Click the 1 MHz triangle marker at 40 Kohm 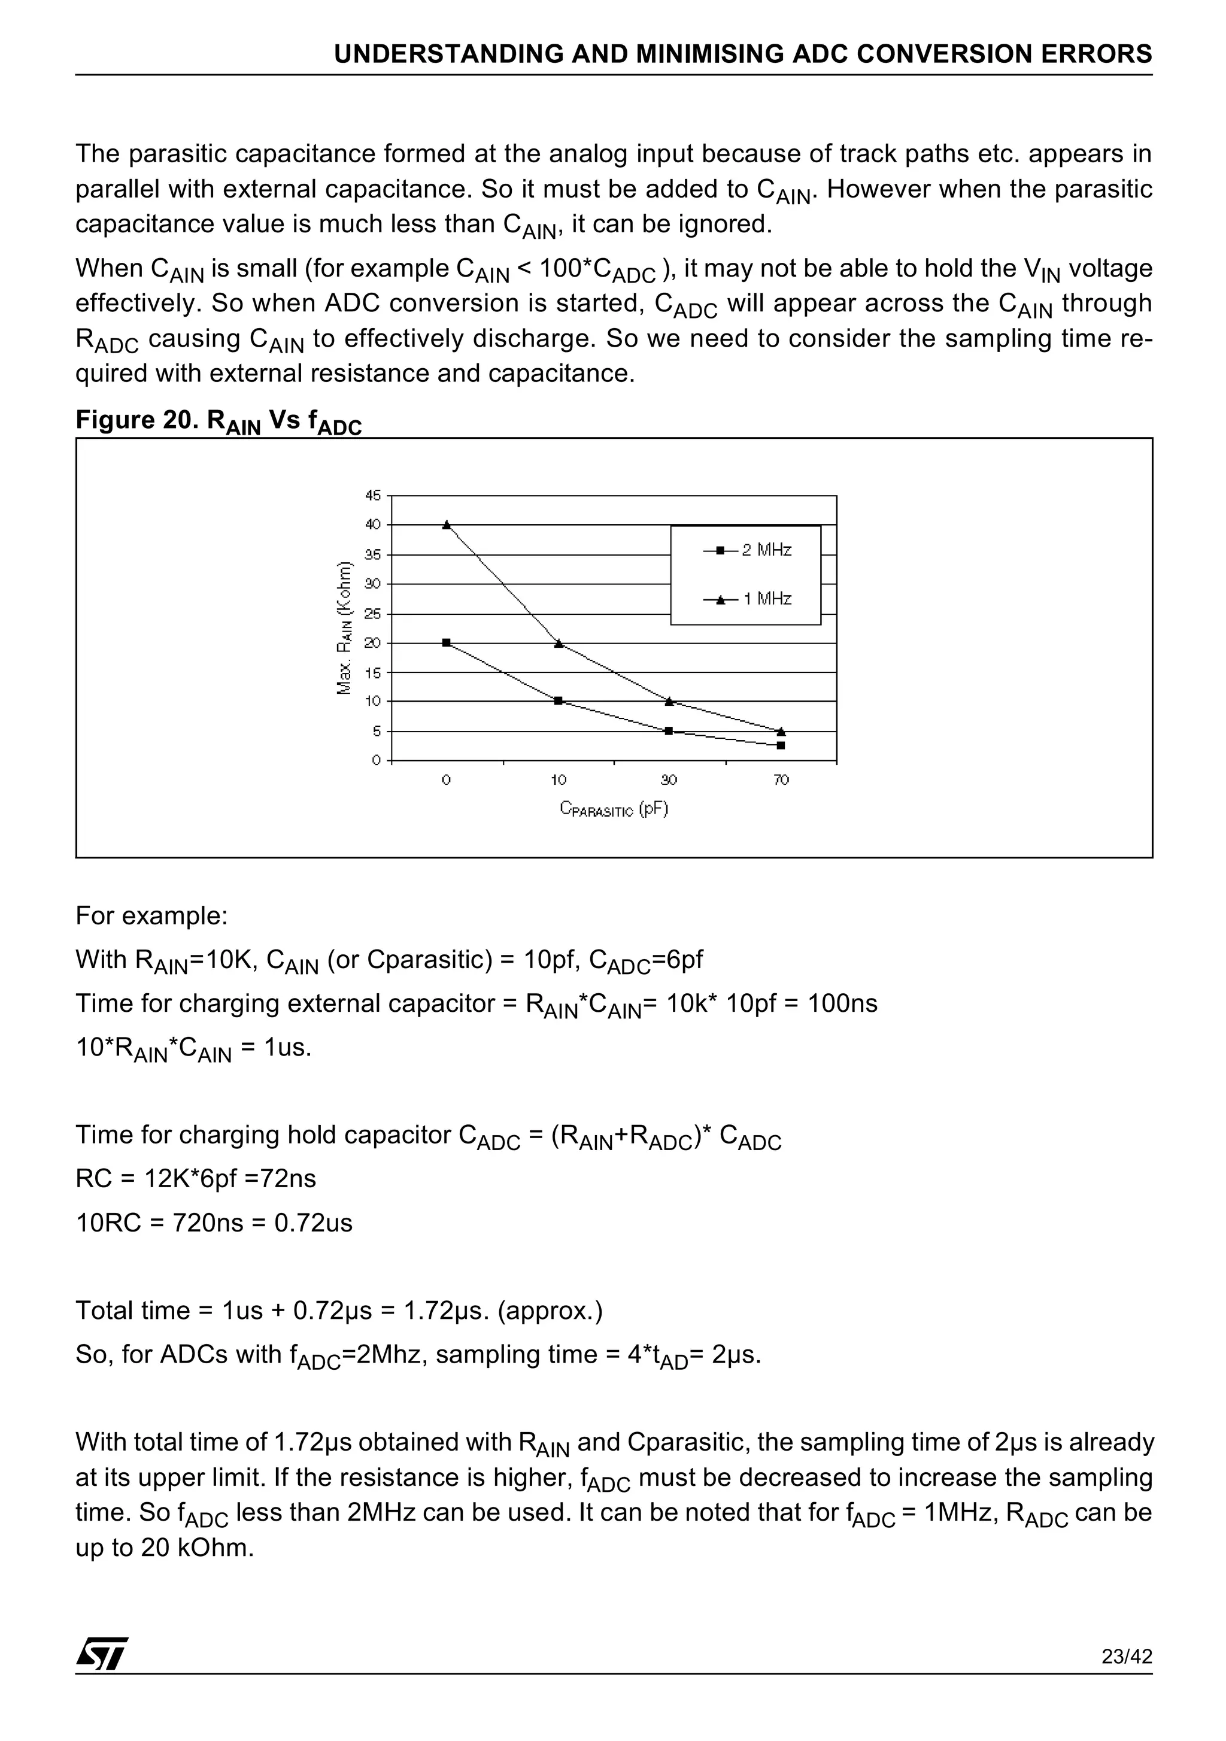coord(447,524)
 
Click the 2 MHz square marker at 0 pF coord(447,642)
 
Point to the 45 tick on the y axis coord(373,495)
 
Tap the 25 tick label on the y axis coord(373,614)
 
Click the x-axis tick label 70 coord(781,779)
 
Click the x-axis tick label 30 coord(669,779)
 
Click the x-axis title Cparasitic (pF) coord(614,809)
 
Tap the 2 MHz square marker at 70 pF coord(781,745)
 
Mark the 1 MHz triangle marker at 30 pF coord(669,702)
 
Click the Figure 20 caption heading coord(219,421)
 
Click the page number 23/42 coord(1127,1678)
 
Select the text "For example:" coord(151,916)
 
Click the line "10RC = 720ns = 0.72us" coord(214,1223)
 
